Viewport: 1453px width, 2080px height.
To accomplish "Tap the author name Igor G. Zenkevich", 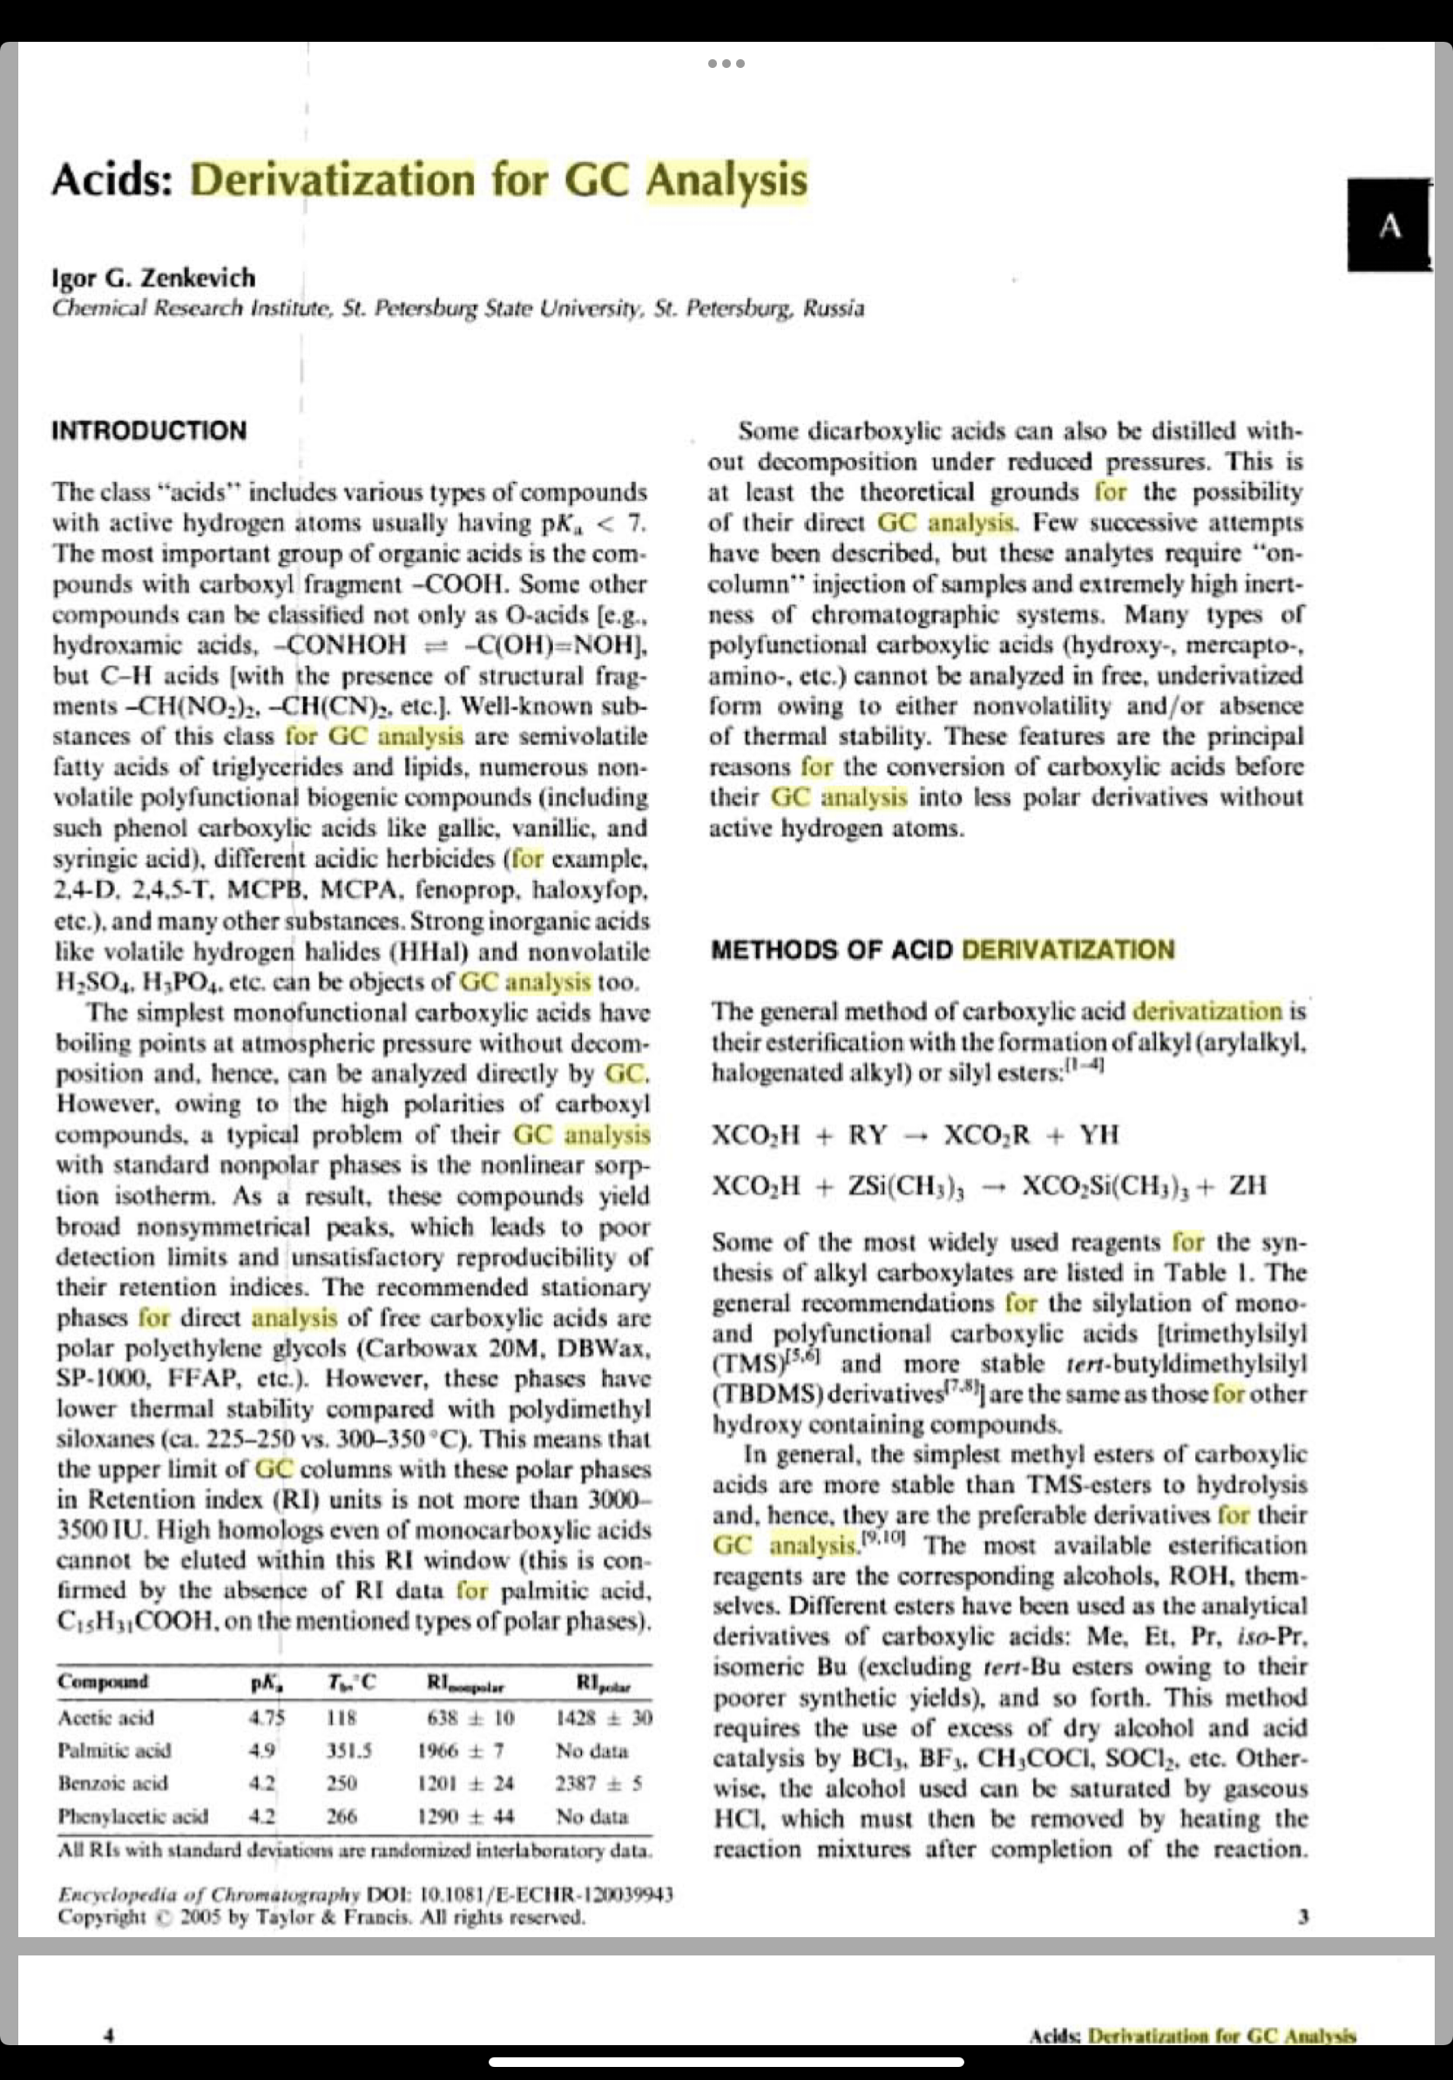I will [153, 277].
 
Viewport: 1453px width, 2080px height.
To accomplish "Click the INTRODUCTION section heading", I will [149, 430].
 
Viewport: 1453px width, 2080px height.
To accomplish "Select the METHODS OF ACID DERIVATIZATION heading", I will [942, 950].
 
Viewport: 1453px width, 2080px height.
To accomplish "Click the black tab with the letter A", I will [1389, 226].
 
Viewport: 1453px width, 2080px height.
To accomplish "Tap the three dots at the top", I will [726, 64].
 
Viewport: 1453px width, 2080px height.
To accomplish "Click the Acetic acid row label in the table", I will [105, 1719].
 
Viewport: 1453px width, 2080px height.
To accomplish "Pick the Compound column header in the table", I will [103, 1681].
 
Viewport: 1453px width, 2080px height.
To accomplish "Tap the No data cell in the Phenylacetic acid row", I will [591, 1816].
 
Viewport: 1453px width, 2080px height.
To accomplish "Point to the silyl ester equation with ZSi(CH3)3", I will [989, 1185].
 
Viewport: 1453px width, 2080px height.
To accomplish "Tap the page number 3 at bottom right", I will [1302, 1917].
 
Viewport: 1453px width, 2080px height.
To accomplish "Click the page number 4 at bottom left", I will [108, 2036].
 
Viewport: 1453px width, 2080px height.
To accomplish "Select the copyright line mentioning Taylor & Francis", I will [321, 1917].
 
